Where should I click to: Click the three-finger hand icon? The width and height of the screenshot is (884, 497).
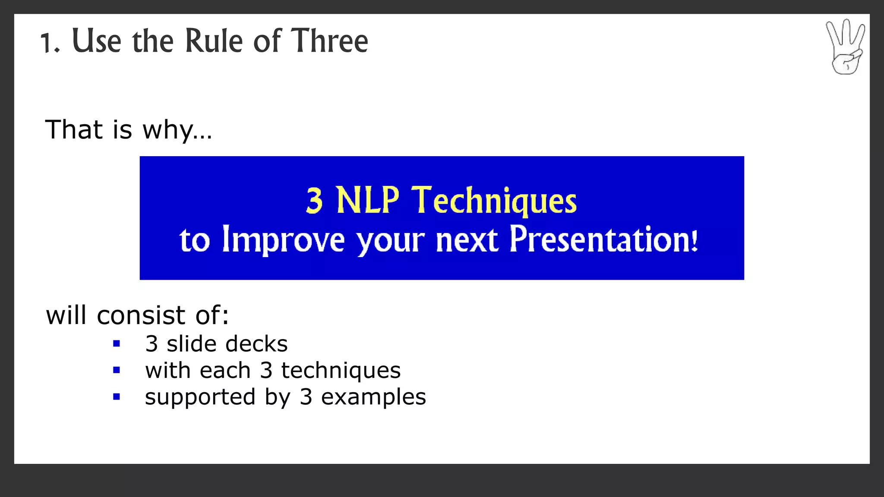click(845, 47)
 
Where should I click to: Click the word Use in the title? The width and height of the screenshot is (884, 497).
click(96, 41)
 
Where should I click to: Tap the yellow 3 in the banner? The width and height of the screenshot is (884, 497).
click(314, 201)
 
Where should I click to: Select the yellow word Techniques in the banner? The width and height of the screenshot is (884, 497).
click(494, 201)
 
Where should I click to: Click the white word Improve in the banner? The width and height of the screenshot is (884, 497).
click(283, 240)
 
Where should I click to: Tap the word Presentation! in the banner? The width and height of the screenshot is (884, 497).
click(603, 239)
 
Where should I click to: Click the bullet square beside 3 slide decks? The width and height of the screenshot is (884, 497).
click(116, 344)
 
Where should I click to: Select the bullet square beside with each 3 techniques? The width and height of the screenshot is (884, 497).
click(116, 370)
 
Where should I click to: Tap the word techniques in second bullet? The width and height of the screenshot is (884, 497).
click(341, 371)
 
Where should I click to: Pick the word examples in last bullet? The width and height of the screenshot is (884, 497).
click(373, 397)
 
